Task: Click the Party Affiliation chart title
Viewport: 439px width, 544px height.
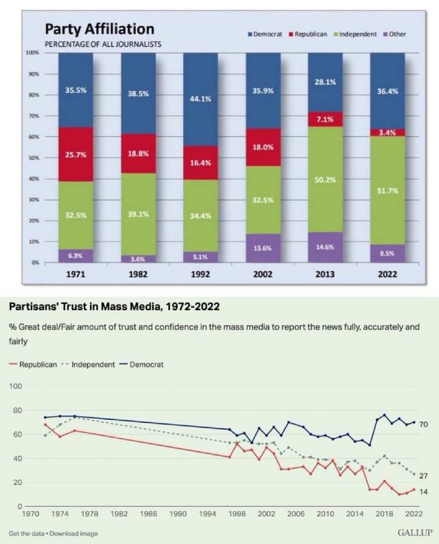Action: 100,29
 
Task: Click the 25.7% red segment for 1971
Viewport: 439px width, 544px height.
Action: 76,155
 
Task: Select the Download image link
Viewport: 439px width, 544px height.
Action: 76,534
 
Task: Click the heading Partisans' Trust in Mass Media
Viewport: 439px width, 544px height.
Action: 114,307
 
